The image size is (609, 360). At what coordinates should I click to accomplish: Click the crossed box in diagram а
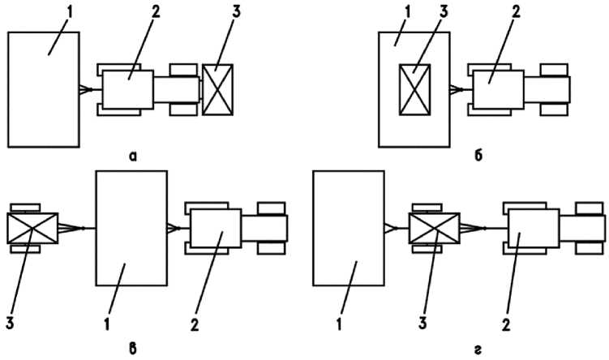(x=217, y=88)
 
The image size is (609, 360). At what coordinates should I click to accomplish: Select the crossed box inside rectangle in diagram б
(x=414, y=88)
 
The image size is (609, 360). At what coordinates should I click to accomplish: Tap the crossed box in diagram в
(x=32, y=228)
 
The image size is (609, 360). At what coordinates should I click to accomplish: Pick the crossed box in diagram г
(x=435, y=228)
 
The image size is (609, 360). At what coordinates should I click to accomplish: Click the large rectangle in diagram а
(x=43, y=89)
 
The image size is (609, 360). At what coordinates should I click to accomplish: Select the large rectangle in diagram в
(x=131, y=228)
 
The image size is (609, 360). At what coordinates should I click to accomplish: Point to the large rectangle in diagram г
(x=349, y=228)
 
